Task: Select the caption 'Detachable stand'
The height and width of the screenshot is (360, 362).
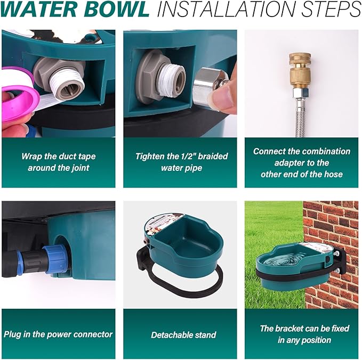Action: (x=183, y=335)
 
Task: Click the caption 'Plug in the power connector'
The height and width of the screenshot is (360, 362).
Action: (x=58, y=334)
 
